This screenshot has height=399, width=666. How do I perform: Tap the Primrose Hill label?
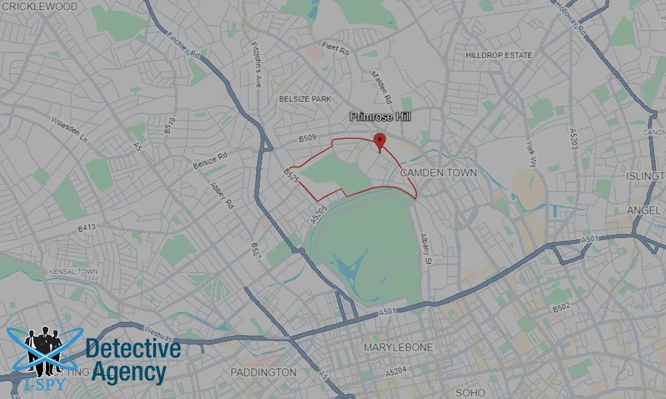pos(379,116)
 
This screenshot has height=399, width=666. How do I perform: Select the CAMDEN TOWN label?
pos(439,173)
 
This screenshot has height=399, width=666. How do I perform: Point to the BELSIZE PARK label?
pos(305,99)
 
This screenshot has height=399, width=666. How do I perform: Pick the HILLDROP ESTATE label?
pos(499,55)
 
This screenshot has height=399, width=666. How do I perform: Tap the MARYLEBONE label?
pos(398,347)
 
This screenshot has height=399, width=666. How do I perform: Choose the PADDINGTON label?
pos(263,372)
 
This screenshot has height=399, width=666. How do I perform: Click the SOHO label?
pos(472,392)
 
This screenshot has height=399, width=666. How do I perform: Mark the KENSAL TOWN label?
pos(73,272)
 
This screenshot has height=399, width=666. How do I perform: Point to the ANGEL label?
pos(643,211)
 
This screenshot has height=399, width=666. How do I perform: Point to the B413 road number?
pos(87,227)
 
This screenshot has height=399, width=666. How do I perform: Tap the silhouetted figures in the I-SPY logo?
pos(44,346)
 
